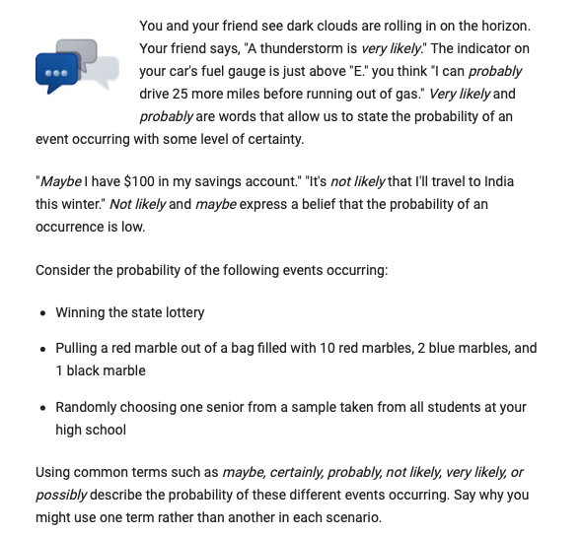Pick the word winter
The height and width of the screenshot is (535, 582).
[79, 205]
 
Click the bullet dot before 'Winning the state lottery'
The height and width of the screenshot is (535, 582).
[41, 313]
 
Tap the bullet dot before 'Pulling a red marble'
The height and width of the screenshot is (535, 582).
[41, 349]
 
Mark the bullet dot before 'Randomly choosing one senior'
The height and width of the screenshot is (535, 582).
[41, 408]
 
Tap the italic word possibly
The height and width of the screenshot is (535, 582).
[61, 495]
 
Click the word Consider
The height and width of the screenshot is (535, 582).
[63, 270]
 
